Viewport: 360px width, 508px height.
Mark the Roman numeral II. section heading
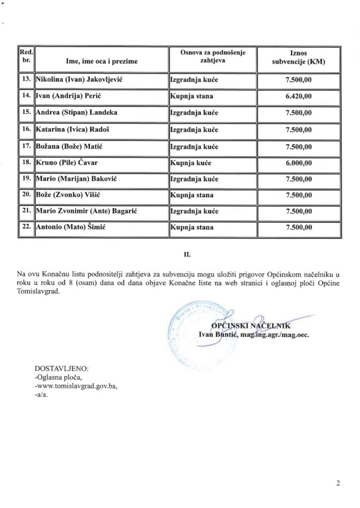click(x=187, y=256)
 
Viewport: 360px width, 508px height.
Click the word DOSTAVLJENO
click(x=61, y=369)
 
